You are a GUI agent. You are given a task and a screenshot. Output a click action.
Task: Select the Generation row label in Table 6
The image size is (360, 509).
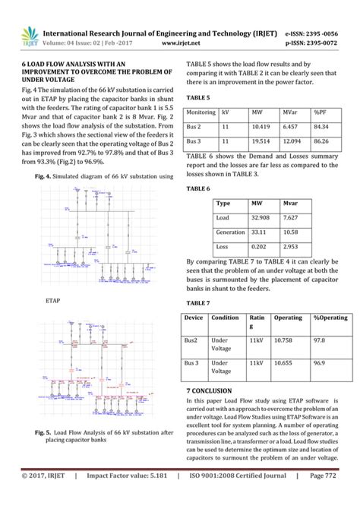[x=230, y=232]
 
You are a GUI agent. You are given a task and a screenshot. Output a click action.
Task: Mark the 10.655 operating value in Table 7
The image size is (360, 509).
[x=283, y=364]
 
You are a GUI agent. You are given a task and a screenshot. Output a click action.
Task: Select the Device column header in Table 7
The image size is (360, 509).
[x=194, y=318]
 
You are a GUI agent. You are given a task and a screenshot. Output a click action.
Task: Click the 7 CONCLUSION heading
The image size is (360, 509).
[x=215, y=390]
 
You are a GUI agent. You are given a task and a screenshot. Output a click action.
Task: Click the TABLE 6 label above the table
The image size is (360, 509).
[x=199, y=188]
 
